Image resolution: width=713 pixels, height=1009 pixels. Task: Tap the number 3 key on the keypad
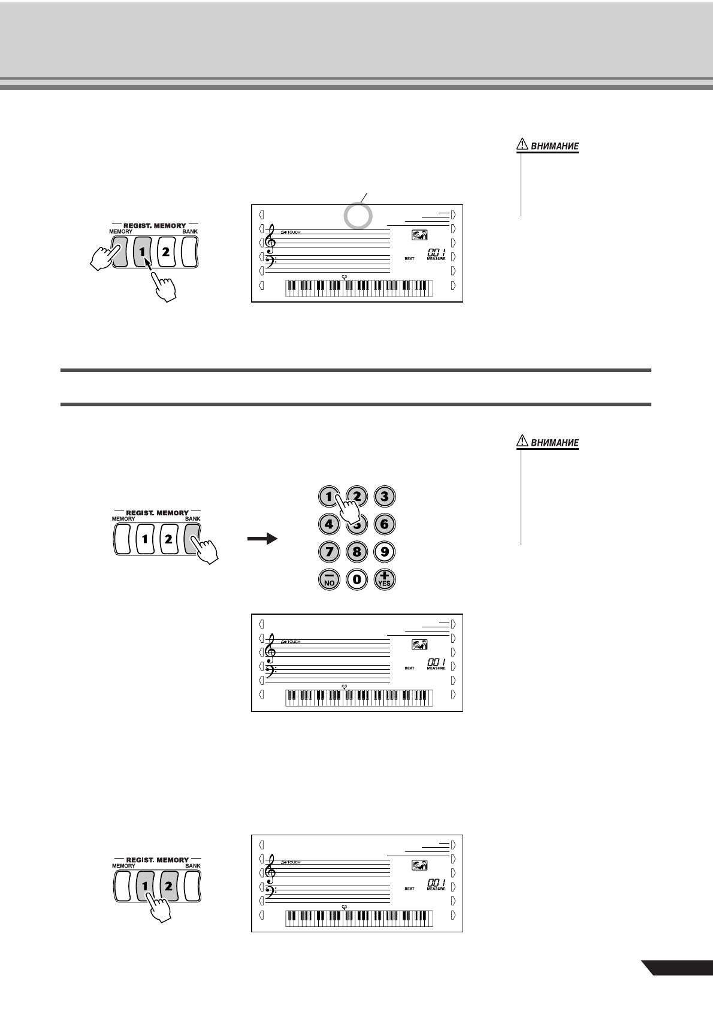pyautogui.click(x=384, y=496)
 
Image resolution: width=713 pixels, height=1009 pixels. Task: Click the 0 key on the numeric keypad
pyautogui.click(x=356, y=579)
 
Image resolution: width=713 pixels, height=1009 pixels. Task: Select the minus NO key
pyautogui.click(x=328, y=579)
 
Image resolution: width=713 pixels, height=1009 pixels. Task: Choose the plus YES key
pyautogui.click(x=384, y=579)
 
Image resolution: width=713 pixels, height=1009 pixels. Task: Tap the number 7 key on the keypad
pyautogui.click(x=328, y=552)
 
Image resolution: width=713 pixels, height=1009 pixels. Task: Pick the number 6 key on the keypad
pyautogui.click(x=384, y=524)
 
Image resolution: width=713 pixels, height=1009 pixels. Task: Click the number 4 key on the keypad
pyautogui.click(x=328, y=524)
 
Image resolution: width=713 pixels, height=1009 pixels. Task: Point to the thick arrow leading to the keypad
pyautogui.click(x=262, y=539)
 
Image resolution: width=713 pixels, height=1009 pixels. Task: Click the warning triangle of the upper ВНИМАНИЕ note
pyautogui.click(x=522, y=144)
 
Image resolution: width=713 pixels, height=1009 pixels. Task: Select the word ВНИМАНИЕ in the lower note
pyautogui.click(x=555, y=443)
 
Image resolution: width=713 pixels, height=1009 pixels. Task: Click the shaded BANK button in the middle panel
pyautogui.click(x=193, y=539)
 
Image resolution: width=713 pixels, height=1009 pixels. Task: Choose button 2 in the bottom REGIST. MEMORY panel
pyautogui.click(x=168, y=886)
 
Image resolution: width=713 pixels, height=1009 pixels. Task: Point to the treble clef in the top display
pyautogui.click(x=273, y=239)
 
